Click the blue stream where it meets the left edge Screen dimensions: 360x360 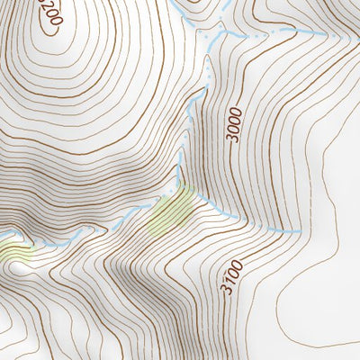3,236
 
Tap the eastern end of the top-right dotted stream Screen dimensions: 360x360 326,33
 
